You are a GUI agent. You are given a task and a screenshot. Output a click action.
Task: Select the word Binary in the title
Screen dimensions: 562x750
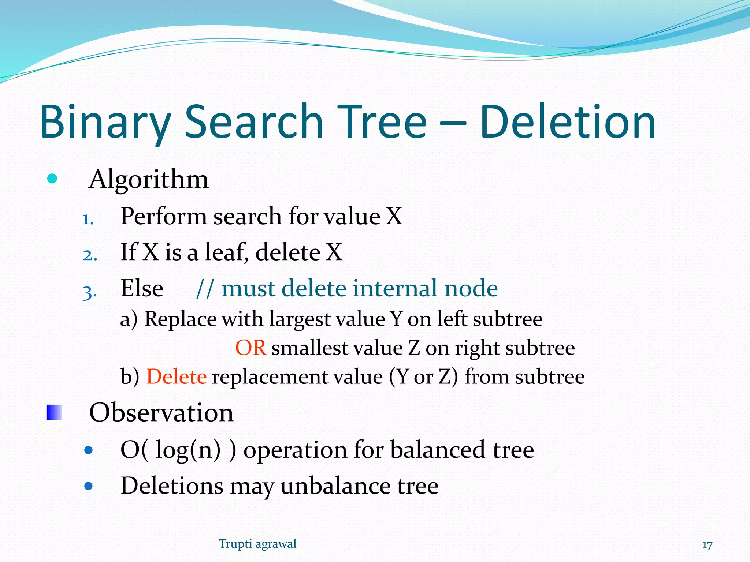(x=105, y=123)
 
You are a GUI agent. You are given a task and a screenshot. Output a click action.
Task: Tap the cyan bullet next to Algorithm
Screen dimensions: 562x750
(x=52, y=179)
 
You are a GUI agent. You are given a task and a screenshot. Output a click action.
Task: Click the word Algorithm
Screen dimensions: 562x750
(x=149, y=180)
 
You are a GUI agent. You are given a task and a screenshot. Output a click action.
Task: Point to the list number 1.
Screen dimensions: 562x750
(x=88, y=220)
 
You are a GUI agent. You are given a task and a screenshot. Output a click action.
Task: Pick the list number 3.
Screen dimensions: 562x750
(x=90, y=292)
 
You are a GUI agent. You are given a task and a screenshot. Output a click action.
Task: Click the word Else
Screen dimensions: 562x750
(x=142, y=288)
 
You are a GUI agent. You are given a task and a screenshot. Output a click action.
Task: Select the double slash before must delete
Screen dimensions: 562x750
(x=204, y=289)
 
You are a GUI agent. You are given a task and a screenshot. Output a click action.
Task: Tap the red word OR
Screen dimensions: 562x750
(x=250, y=348)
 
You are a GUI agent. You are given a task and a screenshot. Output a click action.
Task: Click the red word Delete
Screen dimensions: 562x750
(x=177, y=376)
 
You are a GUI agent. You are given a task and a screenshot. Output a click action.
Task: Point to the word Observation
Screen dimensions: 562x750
(x=161, y=413)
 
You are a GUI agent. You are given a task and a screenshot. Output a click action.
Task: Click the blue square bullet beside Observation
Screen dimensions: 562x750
(x=54, y=412)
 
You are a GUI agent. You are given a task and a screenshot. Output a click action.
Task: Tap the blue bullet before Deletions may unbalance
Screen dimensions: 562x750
(x=88, y=486)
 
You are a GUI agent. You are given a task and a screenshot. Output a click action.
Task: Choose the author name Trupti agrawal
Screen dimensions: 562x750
(x=257, y=544)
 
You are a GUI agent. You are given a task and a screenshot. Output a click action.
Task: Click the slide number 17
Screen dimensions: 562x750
(x=707, y=545)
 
